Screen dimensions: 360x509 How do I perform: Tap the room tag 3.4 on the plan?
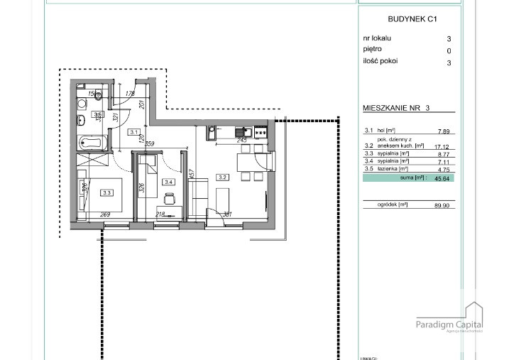(x=168, y=182)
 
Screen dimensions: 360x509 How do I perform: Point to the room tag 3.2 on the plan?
(x=221, y=178)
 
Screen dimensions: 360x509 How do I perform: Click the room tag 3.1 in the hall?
(x=133, y=131)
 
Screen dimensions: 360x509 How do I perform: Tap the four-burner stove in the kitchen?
(x=261, y=131)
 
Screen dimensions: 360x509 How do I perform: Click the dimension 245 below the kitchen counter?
(x=242, y=141)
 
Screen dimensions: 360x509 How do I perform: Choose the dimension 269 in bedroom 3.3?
(x=105, y=215)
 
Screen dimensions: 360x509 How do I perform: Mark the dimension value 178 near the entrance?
(x=130, y=94)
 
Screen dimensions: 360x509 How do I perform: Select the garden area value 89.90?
(x=442, y=204)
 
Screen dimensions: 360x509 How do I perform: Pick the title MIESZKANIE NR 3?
(x=396, y=108)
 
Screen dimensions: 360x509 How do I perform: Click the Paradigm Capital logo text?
(x=449, y=324)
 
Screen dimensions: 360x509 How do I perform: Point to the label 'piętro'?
(x=372, y=50)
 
